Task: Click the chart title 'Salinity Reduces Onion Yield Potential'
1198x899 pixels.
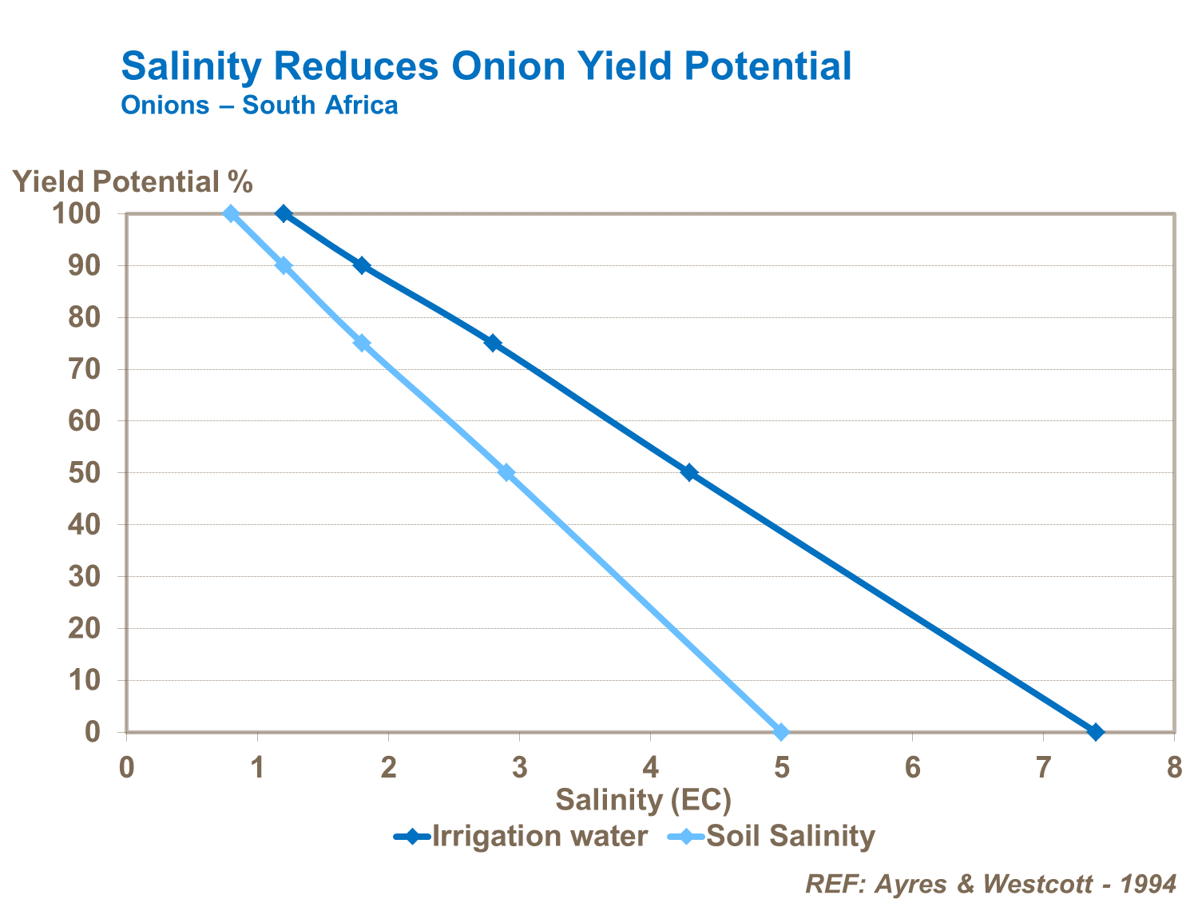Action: point(486,66)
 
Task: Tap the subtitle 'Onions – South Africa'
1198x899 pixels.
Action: point(260,105)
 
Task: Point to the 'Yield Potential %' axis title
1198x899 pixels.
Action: point(133,182)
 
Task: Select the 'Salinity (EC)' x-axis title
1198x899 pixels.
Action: point(643,799)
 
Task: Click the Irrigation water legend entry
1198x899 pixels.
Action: point(522,837)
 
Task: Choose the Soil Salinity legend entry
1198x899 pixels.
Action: point(770,837)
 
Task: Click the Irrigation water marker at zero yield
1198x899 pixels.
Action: point(1096,732)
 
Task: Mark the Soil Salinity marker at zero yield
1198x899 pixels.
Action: point(781,732)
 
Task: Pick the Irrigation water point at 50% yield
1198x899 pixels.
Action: point(689,472)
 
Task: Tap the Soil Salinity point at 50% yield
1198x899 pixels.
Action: point(506,472)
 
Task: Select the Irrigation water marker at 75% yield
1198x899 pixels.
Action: point(493,343)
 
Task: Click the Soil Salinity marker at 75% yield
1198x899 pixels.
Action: point(362,343)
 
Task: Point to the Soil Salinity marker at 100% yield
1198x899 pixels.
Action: point(231,213)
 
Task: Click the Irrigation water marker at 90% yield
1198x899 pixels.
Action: point(362,265)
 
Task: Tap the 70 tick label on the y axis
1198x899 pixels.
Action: point(84,369)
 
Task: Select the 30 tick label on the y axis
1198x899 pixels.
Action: point(84,576)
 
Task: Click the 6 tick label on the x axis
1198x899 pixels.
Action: point(912,768)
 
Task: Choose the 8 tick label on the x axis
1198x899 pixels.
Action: point(1173,768)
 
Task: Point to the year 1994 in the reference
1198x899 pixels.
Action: point(1148,884)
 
